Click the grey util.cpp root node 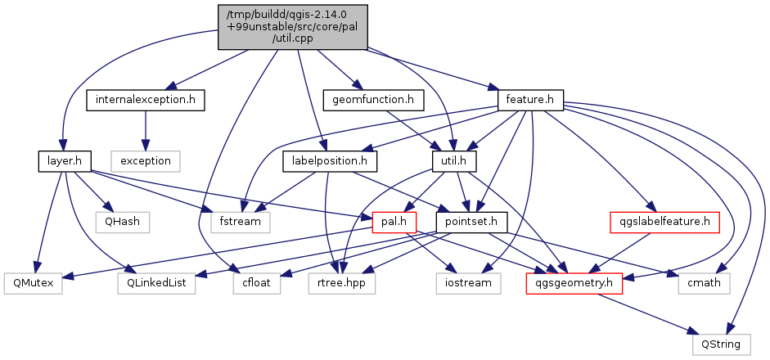(293, 27)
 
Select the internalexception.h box (145, 101)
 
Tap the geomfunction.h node (373, 101)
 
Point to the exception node (145, 161)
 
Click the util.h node (454, 161)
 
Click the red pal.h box (394, 222)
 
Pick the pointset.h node (472, 222)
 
